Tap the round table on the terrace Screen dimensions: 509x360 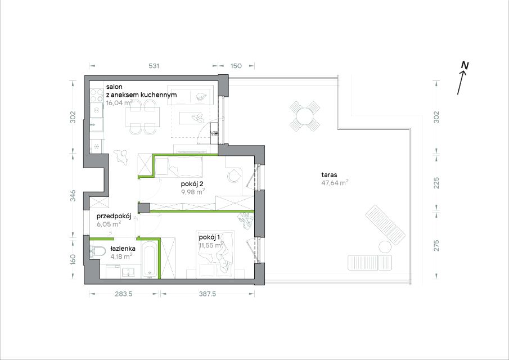[x=304, y=116]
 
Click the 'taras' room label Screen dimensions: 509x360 [x=329, y=174]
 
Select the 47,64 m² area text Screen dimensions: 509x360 [x=335, y=182]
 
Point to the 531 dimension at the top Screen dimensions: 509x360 [x=154, y=66]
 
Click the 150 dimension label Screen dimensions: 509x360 [x=236, y=66]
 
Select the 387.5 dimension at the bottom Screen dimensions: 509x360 [x=207, y=294]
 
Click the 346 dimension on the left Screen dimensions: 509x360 [x=73, y=196]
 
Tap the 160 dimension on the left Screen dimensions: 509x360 [x=73, y=259]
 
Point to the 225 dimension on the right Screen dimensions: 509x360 [x=436, y=183]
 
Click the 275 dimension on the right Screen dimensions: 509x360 [x=436, y=245]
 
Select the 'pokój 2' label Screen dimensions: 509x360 [x=192, y=184]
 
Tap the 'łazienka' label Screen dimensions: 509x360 [x=123, y=249]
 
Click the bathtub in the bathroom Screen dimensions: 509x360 [x=150, y=260]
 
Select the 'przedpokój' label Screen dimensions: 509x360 [x=114, y=216]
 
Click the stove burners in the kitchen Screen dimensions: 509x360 [x=97, y=95]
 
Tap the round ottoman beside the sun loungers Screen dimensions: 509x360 [x=385, y=247]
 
